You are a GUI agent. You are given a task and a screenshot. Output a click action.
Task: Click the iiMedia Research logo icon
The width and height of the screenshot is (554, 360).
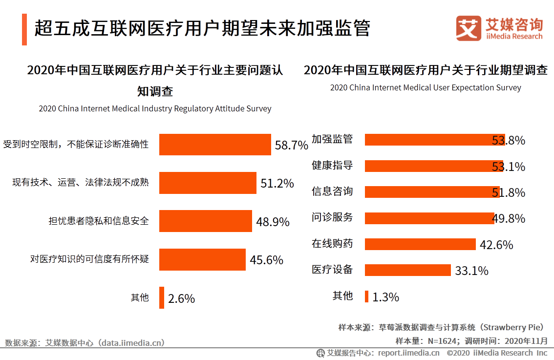pos(468,28)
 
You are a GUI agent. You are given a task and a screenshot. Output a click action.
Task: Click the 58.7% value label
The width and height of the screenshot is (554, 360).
pos(291,145)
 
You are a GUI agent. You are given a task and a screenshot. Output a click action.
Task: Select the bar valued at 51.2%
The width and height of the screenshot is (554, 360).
pos(208,183)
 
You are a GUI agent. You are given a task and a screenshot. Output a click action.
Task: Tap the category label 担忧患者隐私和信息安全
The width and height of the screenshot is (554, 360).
pos(98,221)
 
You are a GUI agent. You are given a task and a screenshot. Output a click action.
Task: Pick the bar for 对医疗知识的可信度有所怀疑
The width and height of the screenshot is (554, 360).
pos(202,259)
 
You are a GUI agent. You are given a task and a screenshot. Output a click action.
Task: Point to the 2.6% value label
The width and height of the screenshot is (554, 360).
pos(181,298)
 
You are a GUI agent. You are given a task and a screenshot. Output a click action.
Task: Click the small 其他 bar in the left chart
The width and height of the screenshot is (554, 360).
pos(162,297)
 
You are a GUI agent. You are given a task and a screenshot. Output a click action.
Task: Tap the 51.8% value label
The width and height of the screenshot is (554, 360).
pos(508,192)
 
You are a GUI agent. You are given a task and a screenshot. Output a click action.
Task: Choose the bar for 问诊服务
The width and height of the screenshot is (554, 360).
pos(429,218)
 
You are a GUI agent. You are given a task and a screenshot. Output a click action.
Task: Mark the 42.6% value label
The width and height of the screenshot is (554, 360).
pos(496,244)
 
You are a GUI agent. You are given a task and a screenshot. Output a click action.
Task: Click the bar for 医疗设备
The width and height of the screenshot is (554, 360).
pos(407,270)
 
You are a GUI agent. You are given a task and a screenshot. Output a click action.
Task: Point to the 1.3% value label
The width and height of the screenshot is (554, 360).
pos(385,296)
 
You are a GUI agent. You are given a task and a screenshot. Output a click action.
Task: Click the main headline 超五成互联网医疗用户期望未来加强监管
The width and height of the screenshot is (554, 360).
pos(202,28)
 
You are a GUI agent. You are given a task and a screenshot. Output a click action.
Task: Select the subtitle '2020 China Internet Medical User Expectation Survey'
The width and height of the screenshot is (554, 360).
pos(426,88)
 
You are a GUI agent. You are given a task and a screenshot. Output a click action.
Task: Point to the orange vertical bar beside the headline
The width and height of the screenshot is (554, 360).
pos(24,29)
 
